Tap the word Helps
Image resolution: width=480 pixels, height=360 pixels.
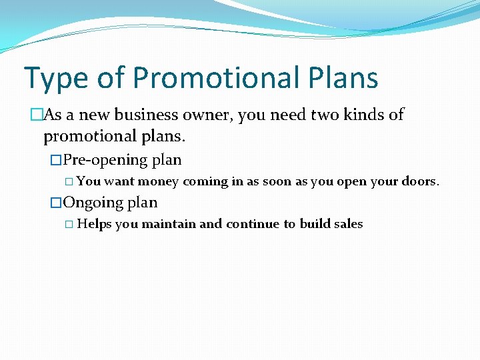94,224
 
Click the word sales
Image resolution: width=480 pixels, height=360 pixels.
348,224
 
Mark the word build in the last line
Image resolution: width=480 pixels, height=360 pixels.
315,224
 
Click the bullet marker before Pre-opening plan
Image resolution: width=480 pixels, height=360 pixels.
56,161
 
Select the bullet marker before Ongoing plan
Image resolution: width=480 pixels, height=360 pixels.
56,203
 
